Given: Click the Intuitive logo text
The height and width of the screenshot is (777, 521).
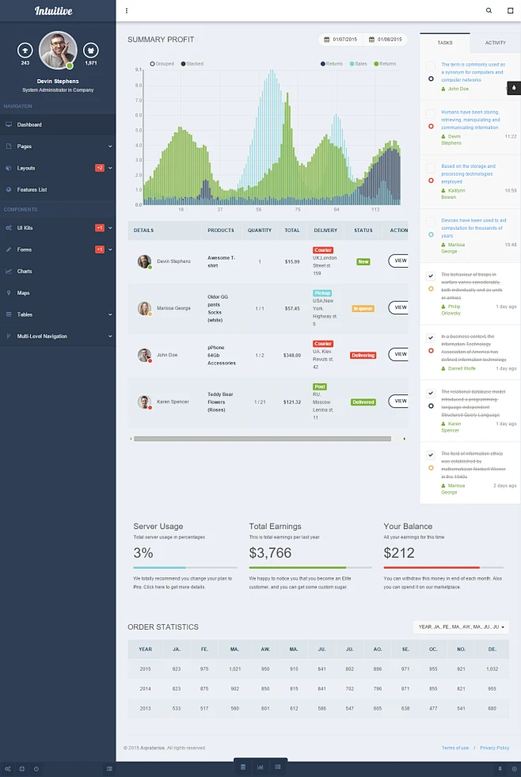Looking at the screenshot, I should point(53,11).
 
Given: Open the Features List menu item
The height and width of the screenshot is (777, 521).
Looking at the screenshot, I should point(32,190).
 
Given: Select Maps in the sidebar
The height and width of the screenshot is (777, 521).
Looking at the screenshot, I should point(24,293).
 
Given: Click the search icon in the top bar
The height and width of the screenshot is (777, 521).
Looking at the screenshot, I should point(489,11).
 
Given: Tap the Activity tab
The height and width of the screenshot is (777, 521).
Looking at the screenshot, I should point(495,43).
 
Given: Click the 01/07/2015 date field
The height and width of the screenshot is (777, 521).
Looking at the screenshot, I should point(341,40).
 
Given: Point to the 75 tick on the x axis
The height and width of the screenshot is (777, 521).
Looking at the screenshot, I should point(298,210).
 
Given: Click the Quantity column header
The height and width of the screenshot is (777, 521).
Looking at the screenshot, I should point(259,230).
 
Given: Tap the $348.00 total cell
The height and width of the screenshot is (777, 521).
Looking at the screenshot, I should point(292,356).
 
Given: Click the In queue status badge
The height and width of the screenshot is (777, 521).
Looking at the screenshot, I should point(363,308).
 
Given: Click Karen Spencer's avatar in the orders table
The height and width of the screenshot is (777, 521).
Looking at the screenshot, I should point(144,402).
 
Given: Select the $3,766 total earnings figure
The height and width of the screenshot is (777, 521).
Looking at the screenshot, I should point(270,553).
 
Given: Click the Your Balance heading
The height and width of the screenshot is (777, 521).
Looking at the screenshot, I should point(408,526).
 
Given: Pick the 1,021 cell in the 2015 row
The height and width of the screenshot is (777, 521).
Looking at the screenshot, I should point(234,669).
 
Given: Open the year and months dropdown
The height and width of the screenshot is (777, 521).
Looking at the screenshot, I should point(461,627).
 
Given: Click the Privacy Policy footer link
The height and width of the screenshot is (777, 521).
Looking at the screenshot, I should point(494,748).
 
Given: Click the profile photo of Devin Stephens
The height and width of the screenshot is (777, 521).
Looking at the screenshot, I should point(57,50).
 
